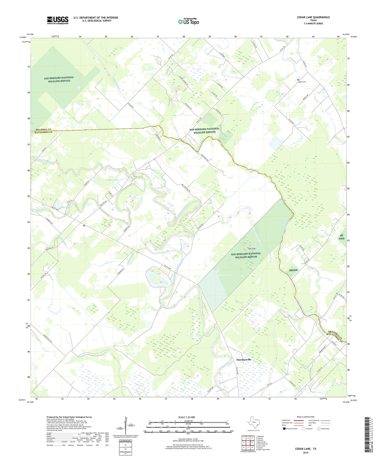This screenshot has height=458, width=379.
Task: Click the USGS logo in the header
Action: click(x=57, y=20)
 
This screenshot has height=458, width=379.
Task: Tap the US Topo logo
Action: click(x=188, y=21)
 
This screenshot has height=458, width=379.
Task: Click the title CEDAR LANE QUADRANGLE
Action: click(x=313, y=17)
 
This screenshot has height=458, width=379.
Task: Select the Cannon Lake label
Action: click(x=112, y=180)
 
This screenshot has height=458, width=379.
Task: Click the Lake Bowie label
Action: click(x=66, y=207)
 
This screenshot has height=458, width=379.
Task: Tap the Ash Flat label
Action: click(x=252, y=249)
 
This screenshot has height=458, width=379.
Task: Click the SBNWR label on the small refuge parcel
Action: click(x=293, y=270)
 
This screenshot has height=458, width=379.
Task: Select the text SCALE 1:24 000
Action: click(x=186, y=417)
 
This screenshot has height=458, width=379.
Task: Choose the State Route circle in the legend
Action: click(x=319, y=429)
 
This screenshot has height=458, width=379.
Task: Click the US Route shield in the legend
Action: click(x=304, y=429)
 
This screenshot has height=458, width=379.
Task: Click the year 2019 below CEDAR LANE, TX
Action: click(x=306, y=452)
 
